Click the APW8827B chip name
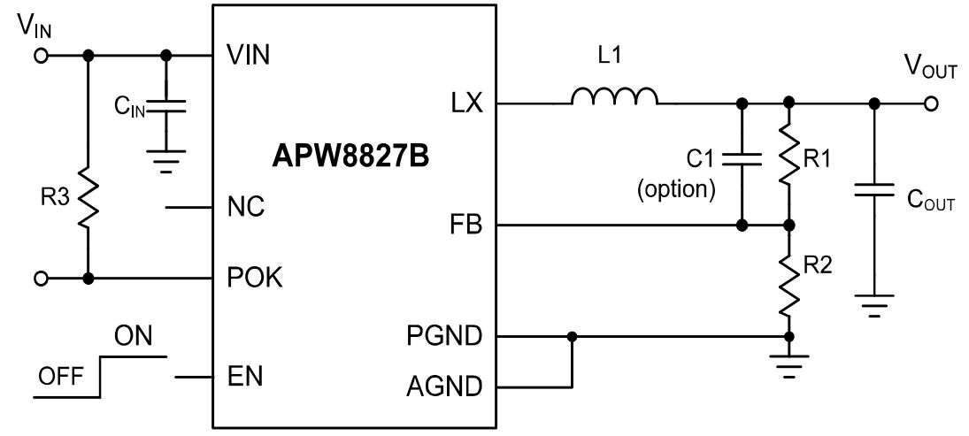click(x=350, y=157)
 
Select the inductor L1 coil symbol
click(x=614, y=96)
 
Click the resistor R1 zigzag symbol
click(x=788, y=153)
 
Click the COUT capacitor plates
click(x=873, y=189)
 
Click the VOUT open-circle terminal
click(x=931, y=103)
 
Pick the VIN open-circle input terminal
click(x=41, y=56)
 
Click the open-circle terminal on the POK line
click(x=41, y=279)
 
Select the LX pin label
click(x=466, y=103)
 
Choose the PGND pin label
click(x=444, y=336)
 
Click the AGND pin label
click(x=444, y=387)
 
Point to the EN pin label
click(x=245, y=376)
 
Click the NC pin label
click(x=246, y=206)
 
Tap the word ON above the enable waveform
click(x=133, y=337)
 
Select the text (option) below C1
click(x=676, y=188)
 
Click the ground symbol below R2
click(x=788, y=364)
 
